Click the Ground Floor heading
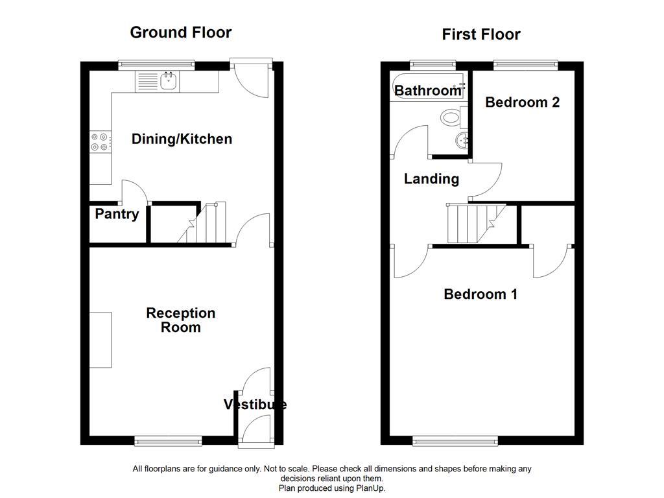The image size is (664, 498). (180, 32)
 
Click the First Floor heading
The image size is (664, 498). (480, 34)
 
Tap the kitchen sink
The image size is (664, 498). (169, 82)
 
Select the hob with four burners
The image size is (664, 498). (100, 142)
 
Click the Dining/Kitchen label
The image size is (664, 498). (182, 139)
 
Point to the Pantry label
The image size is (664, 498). (117, 214)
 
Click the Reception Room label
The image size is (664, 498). (180, 320)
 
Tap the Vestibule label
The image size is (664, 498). (255, 405)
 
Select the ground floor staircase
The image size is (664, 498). (204, 224)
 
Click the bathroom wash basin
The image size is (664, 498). (464, 141)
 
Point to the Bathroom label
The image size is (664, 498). (427, 91)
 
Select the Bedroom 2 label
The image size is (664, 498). (522, 102)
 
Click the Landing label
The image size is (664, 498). (431, 179)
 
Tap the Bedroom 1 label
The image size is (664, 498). (480, 294)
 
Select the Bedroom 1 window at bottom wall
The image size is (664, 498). (455, 442)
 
